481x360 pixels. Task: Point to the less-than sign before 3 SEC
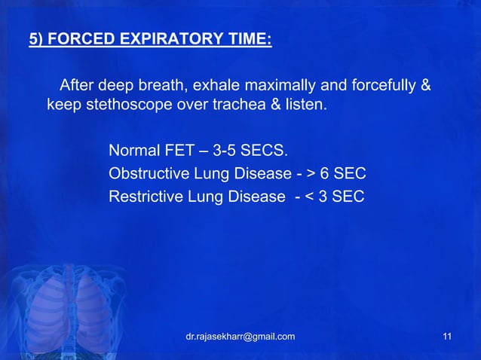tap(311, 198)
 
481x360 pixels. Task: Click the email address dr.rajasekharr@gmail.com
tap(240, 336)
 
